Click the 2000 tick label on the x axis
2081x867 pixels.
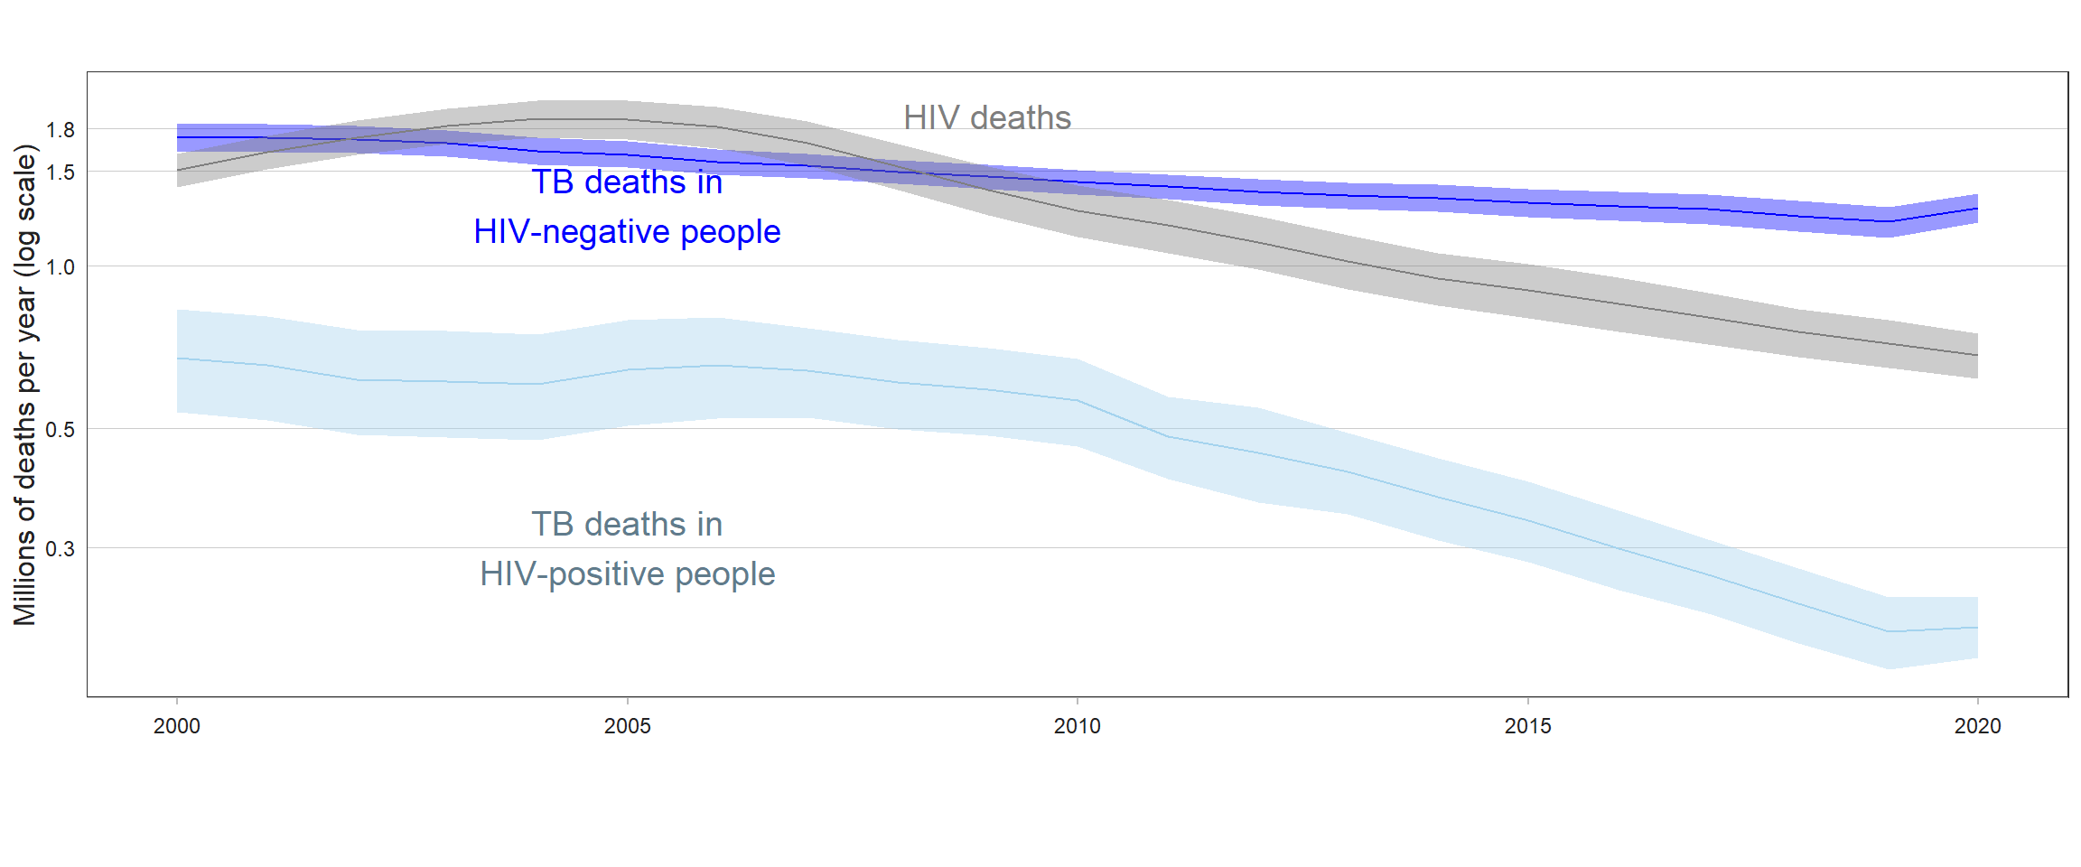(x=176, y=726)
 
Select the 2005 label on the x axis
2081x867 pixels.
(x=627, y=726)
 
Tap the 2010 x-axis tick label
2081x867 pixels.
(x=1077, y=726)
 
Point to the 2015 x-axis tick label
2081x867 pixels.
(x=1527, y=726)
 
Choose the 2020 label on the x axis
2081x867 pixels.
(x=1977, y=726)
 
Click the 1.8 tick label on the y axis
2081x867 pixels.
(x=61, y=130)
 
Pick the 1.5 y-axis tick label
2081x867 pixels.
(x=61, y=172)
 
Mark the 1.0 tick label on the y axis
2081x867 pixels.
(x=61, y=267)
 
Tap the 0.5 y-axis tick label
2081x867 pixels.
(x=61, y=430)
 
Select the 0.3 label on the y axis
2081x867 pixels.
(x=61, y=549)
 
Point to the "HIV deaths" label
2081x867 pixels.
(x=986, y=117)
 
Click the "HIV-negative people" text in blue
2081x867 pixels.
(x=627, y=232)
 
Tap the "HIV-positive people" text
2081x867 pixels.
(x=627, y=574)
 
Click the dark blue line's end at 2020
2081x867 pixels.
(x=1977, y=209)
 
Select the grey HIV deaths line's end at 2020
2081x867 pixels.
(x=1977, y=355)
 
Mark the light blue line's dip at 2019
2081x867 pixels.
(x=1888, y=631)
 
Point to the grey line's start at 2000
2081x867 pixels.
(x=178, y=170)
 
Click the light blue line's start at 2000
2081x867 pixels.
(x=178, y=359)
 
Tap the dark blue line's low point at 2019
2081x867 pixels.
(x=1888, y=221)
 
